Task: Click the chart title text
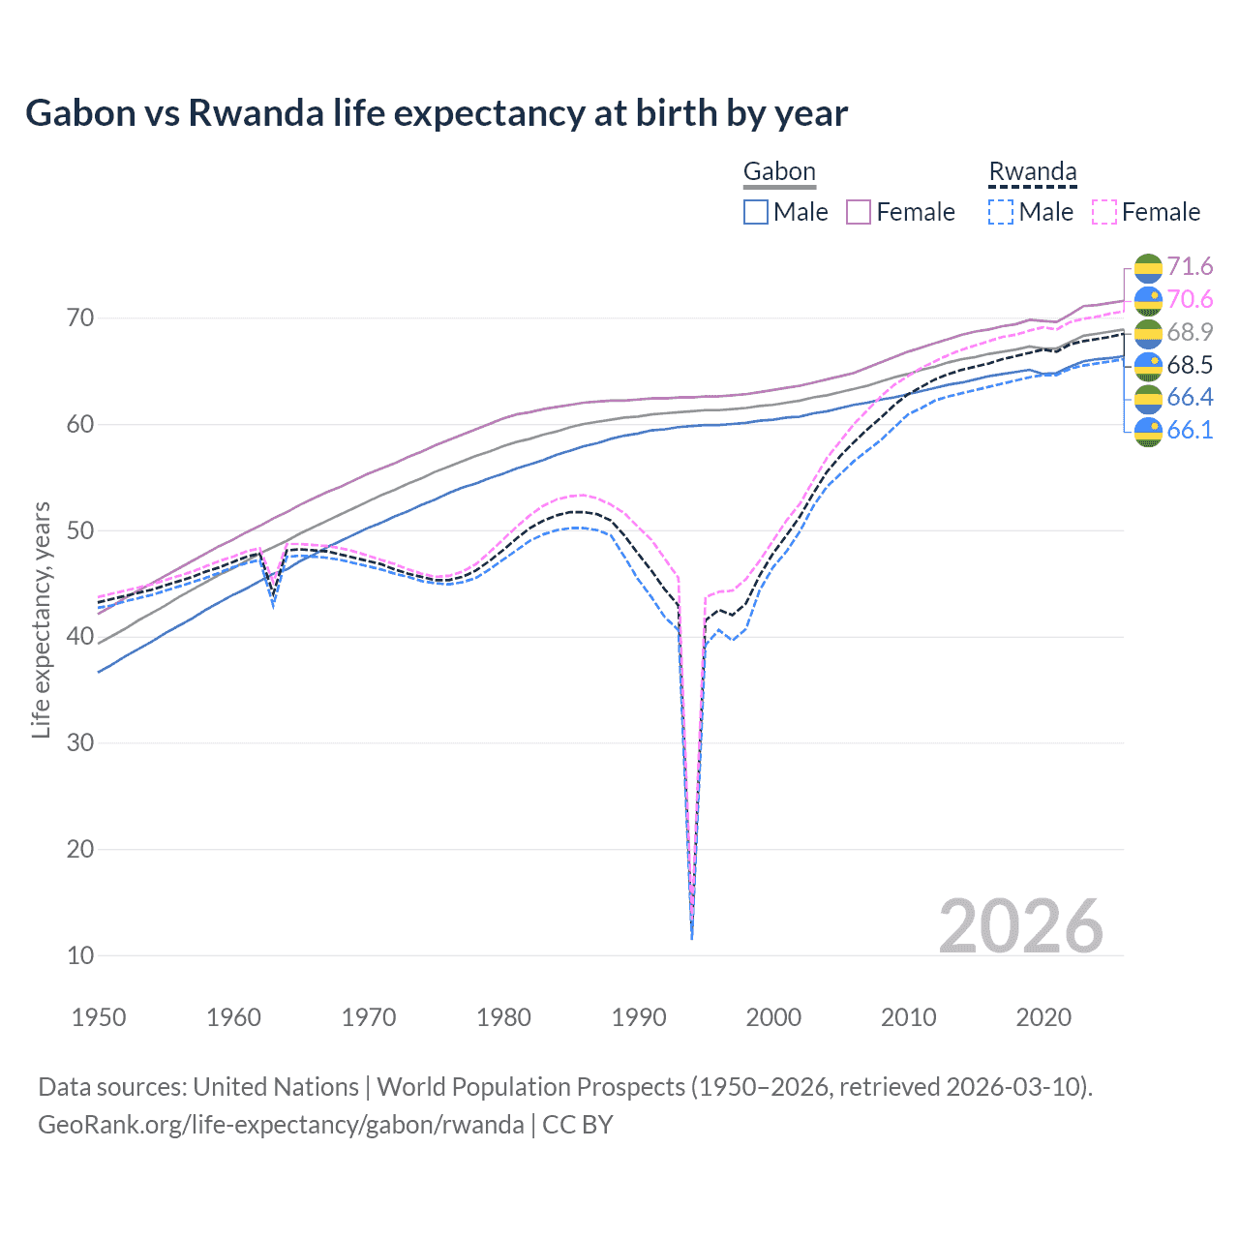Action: tap(437, 113)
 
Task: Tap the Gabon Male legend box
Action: tap(756, 212)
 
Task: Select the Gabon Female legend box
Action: tap(859, 212)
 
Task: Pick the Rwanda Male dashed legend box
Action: tap(1001, 212)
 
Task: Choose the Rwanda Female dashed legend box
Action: tap(1104, 212)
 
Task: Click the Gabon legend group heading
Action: tap(779, 172)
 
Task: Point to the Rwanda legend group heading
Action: tap(1032, 172)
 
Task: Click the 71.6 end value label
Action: tap(1190, 267)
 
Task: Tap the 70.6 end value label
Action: tap(1190, 300)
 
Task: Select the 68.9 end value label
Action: tap(1190, 333)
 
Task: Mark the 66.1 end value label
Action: tap(1190, 431)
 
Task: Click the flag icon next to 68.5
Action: tap(1148, 366)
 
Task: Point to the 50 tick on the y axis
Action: tap(80, 530)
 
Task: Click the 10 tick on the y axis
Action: tap(80, 955)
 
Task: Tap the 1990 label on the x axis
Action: tap(639, 1017)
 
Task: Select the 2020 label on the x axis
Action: tap(1043, 1017)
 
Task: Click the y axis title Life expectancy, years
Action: tap(41, 619)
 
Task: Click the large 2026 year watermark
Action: tap(1021, 926)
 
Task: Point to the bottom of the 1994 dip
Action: tap(691, 937)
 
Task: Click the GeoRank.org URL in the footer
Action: tap(281, 1125)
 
